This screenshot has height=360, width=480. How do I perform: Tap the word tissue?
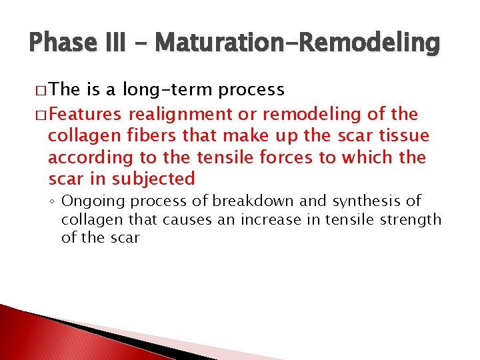[x=405, y=136]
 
